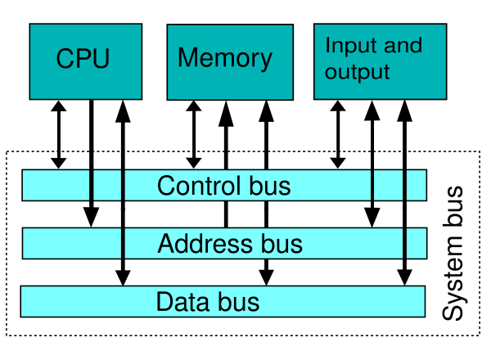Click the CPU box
tap(86, 61)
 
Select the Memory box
tap(230, 62)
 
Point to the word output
tap(358, 73)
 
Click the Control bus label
tap(224, 186)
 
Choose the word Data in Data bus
tap(182, 301)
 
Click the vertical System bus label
tap(453, 253)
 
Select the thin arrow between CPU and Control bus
tap(59, 135)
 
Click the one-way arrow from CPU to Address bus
tap(91, 164)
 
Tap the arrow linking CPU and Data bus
tap(123, 193)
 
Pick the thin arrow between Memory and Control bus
tap(194, 135)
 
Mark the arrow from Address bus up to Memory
tap(226, 164)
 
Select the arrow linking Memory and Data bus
tap(266, 193)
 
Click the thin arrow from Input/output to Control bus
tap(338, 135)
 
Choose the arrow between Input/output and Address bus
tap(372, 164)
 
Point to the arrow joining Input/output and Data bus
tap(404, 193)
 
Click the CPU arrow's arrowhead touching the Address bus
tap(91, 218)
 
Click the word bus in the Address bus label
tap(282, 244)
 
